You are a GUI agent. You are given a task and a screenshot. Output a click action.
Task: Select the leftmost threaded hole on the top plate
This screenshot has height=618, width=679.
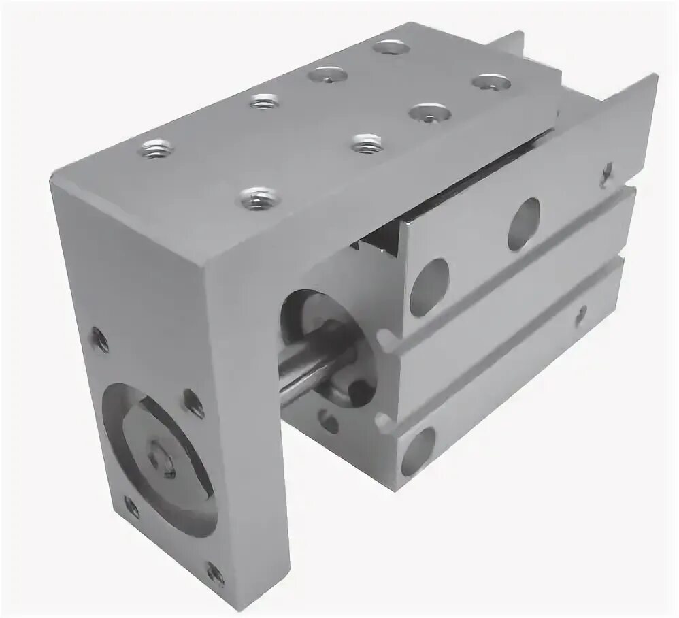[156, 147]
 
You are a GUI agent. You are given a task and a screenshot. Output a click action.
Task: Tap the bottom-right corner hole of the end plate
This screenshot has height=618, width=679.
[215, 572]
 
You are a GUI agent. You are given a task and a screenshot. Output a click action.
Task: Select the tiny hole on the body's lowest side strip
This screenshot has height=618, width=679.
[580, 314]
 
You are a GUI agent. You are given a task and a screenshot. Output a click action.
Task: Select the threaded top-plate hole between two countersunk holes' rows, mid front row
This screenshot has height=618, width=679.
[367, 143]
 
